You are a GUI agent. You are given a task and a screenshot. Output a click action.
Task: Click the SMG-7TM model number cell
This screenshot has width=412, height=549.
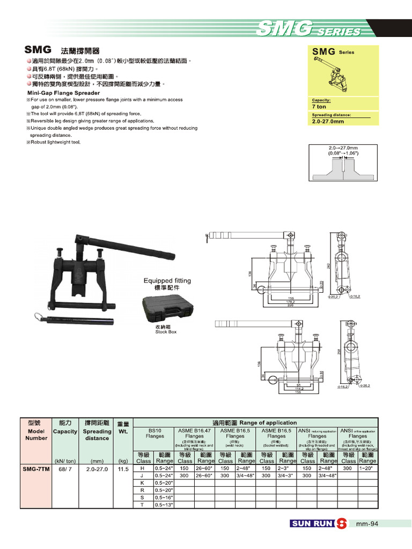(36, 469)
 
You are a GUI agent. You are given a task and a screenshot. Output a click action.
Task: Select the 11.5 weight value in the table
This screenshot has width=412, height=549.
(123, 469)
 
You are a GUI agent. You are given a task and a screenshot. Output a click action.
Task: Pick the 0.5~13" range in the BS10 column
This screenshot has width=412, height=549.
(164, 505)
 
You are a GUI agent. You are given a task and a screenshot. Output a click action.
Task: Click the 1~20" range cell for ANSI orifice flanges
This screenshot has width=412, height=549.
(367, 469)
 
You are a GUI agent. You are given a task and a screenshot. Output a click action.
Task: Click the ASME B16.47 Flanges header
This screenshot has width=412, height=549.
(194, 433)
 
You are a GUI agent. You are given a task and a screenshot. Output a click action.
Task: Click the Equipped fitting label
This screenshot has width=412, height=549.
(167, 280)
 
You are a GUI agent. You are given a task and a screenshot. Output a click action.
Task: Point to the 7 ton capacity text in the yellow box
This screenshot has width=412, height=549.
(319, 107)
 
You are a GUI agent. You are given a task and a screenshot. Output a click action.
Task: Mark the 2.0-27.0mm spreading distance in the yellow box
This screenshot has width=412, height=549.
(328, 121)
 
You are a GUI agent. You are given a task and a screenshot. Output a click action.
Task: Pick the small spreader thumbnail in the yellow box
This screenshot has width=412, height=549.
(336, 76)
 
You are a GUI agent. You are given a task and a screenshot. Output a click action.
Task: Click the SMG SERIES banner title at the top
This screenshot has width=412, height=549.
(308, 29)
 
